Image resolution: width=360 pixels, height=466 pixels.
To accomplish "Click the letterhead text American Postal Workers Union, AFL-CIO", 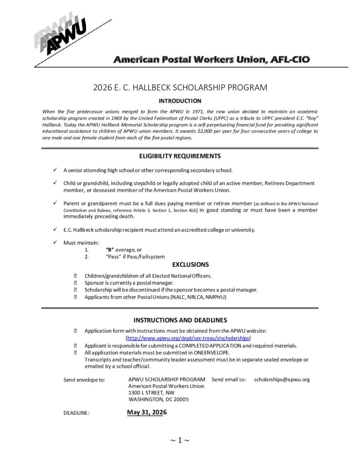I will [x=212, y=60].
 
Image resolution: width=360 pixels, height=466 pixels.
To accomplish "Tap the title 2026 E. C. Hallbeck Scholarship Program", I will [x=180, y=88].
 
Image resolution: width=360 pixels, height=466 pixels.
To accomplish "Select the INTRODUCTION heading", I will [x=180, y=101].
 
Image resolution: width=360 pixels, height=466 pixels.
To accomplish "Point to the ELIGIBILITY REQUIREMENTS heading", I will [x=180, y=156].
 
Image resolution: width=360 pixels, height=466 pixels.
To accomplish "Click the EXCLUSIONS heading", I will [x=190, y=264].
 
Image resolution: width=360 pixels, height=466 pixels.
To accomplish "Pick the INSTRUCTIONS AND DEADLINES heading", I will [x=180, y=320].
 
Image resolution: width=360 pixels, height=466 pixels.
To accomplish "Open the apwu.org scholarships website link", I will [x=188, y=338].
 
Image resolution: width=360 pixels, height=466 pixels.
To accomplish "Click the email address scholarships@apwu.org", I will [x=282, y=379].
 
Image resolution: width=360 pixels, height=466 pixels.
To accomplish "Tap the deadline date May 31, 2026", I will [x=147, y=412].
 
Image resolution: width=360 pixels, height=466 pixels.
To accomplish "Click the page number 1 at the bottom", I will [x=180, y=440].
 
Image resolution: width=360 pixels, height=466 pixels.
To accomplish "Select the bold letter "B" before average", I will [x=109, y=250].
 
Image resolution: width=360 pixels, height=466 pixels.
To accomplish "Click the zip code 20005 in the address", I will [x=181, y=399].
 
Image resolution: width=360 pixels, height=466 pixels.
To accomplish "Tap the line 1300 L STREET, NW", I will [x=151, y=392].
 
